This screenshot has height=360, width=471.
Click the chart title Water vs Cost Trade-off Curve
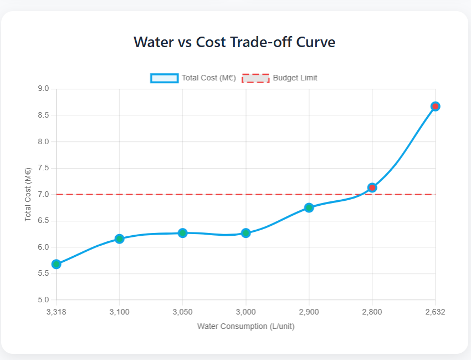tap(234, 42)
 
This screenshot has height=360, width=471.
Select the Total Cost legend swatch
tap(164, 78)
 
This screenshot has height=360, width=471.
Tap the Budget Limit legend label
tap(295, 78)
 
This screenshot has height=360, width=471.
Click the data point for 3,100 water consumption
tap(119, 239)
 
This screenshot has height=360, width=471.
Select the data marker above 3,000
tap(245, 233)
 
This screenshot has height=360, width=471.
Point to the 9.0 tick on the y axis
tap(43, 89)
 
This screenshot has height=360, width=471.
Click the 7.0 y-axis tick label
tap(43, 195)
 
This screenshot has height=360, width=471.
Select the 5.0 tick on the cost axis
tap(43, 300)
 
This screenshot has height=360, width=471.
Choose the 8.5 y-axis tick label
tap(43, 115)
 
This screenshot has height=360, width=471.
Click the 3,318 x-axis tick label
tap(56, 312)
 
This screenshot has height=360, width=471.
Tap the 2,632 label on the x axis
tap(435, 312)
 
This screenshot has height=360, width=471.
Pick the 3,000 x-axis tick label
tap(245, 312)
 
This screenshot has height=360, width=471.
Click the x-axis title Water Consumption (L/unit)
tap(245, 326)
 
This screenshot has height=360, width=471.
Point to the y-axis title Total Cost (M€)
tap(28, 195)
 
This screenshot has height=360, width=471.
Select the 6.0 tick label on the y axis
tap(43, 247)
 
